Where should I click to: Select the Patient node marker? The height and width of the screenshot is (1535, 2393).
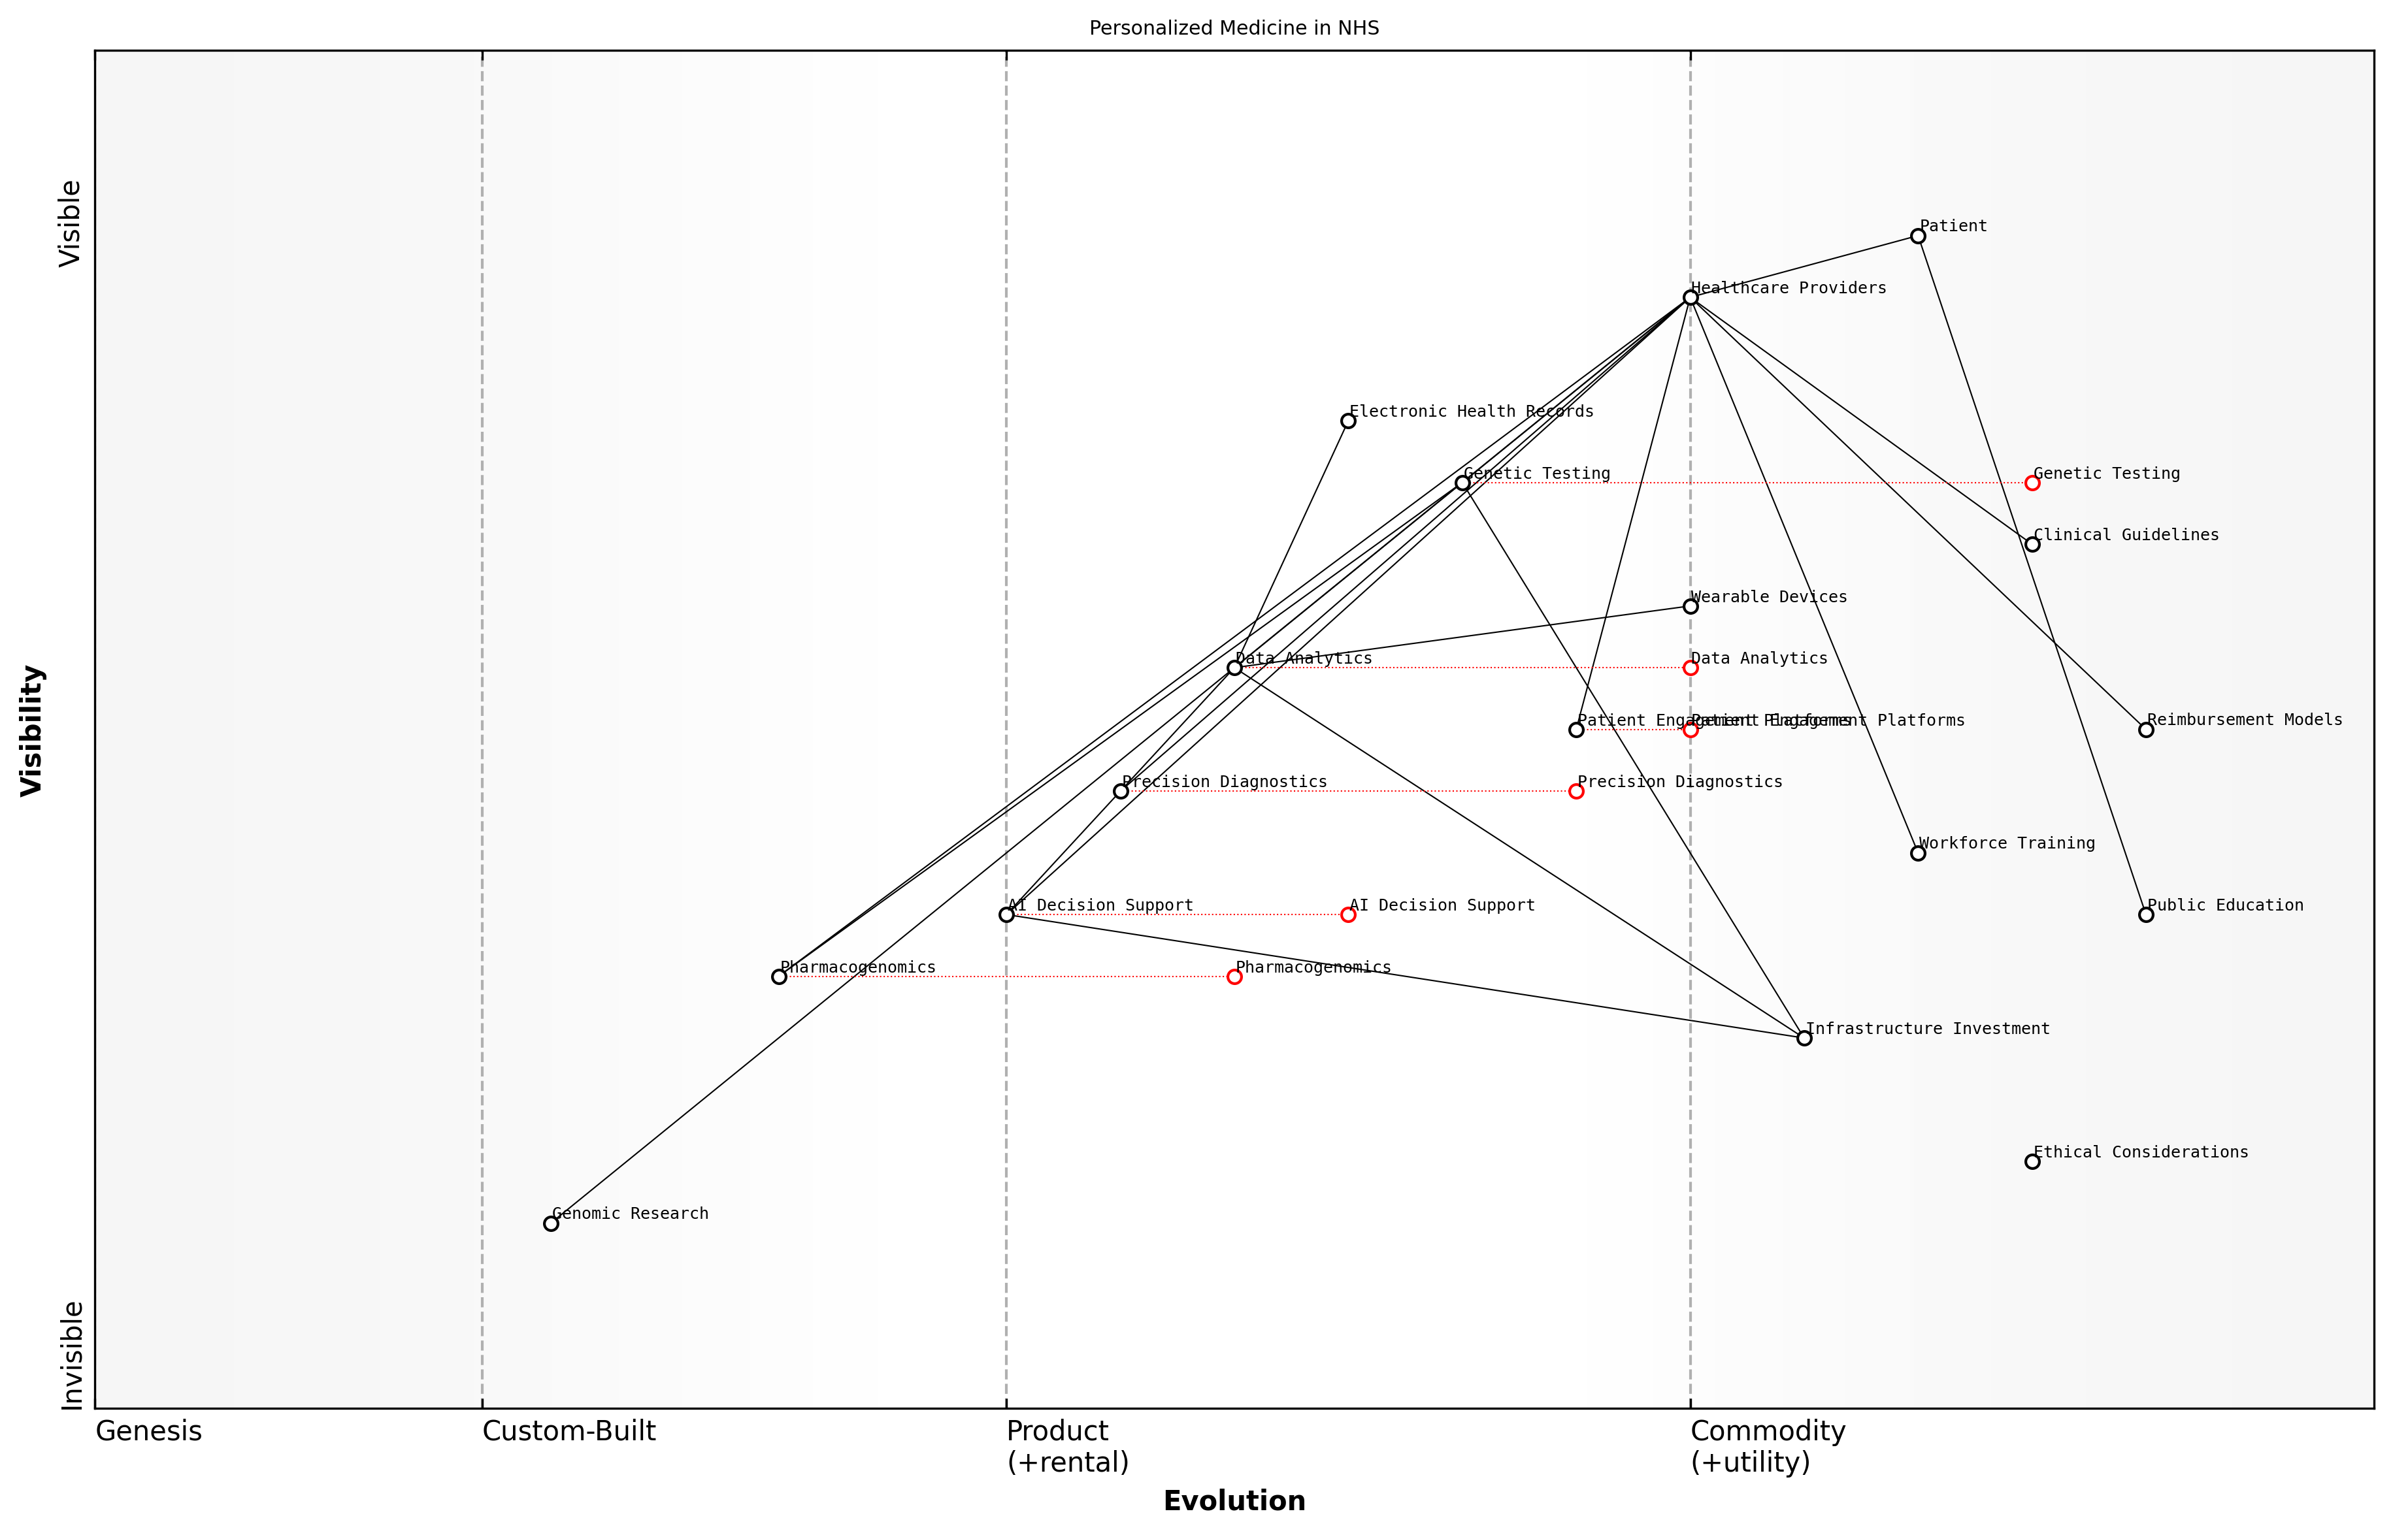1917,236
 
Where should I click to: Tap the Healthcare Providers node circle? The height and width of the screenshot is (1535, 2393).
1690,298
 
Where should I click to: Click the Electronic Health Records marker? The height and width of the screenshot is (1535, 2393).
1348,421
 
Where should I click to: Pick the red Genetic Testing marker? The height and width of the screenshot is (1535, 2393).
2032,483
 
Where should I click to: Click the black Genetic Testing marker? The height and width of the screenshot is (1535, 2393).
1462,483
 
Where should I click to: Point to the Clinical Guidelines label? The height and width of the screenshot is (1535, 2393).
2126,535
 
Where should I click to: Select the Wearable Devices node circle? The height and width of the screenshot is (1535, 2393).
1690,606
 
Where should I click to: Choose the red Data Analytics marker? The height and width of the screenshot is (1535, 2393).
1690,668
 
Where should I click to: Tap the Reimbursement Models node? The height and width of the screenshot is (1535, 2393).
2146,730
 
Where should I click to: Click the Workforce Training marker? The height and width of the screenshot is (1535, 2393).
1917,853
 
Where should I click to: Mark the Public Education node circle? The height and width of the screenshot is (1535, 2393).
2146,914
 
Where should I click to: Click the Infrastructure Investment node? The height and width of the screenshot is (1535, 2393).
1804,1038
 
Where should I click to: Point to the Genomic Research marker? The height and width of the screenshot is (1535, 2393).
550,1223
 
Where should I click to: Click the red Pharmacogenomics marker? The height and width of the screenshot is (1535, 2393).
1234,977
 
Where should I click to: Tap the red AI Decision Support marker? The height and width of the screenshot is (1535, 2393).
1348,914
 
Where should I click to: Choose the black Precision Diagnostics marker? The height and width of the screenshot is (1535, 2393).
1121,792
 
